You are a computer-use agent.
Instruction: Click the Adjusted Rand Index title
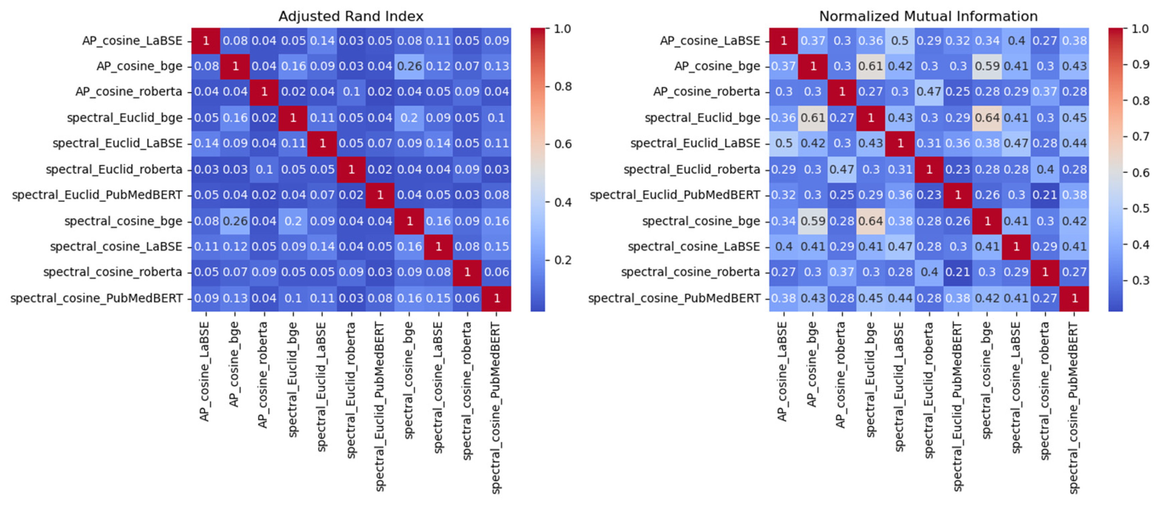point(351,16)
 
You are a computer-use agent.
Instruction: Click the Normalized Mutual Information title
point(928,16)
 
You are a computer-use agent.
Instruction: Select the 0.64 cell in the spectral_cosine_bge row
point(871,221)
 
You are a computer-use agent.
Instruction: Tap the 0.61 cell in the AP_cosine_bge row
point(871,66)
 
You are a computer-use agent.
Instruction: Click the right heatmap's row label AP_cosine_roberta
point(706,92)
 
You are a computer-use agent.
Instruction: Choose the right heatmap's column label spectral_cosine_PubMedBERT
point(1074,407)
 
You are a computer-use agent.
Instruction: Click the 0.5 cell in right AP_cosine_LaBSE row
point(899,40)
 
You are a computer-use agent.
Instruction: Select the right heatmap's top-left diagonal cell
point(783,40)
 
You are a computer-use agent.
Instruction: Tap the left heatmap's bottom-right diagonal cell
point(496,298)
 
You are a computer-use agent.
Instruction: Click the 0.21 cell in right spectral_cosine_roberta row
point(958,272)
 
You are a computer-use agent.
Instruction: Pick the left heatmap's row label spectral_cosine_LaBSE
point(116,246)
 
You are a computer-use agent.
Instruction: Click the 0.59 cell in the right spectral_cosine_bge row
point(813,221)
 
